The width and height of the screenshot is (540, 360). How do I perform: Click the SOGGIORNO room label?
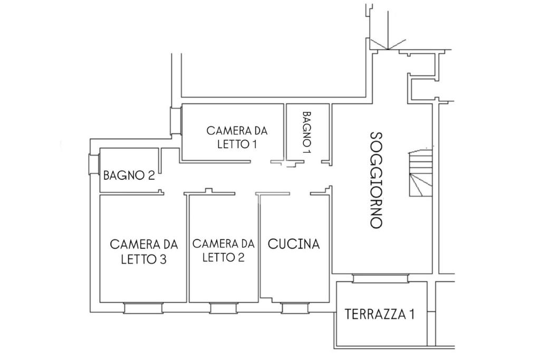click(x=375, y=180)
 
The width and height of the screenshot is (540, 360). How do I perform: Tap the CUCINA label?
click(x=294, y=244)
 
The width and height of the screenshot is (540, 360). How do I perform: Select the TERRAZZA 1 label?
click(x=379, y=315)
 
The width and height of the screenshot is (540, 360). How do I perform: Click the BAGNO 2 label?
click(x=129, y=175)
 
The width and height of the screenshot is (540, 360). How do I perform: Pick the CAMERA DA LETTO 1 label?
click(x=237, y=137)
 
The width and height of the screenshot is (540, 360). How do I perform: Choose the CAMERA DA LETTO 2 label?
click(x=223, y=250)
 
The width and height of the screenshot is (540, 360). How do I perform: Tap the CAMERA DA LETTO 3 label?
click(x=144, y=251)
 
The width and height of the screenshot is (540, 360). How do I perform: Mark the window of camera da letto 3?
click(x=143, y=308)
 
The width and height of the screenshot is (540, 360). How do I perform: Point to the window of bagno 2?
click(x=94, y=164)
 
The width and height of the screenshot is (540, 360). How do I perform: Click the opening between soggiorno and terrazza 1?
click(x=380, y=278)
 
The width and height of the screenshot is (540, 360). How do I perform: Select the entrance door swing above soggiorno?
click(x=387, y=44)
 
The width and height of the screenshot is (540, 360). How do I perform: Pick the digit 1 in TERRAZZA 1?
click(x=411, y=315)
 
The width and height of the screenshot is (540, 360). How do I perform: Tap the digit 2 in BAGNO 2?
click(x=151, y=175)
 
